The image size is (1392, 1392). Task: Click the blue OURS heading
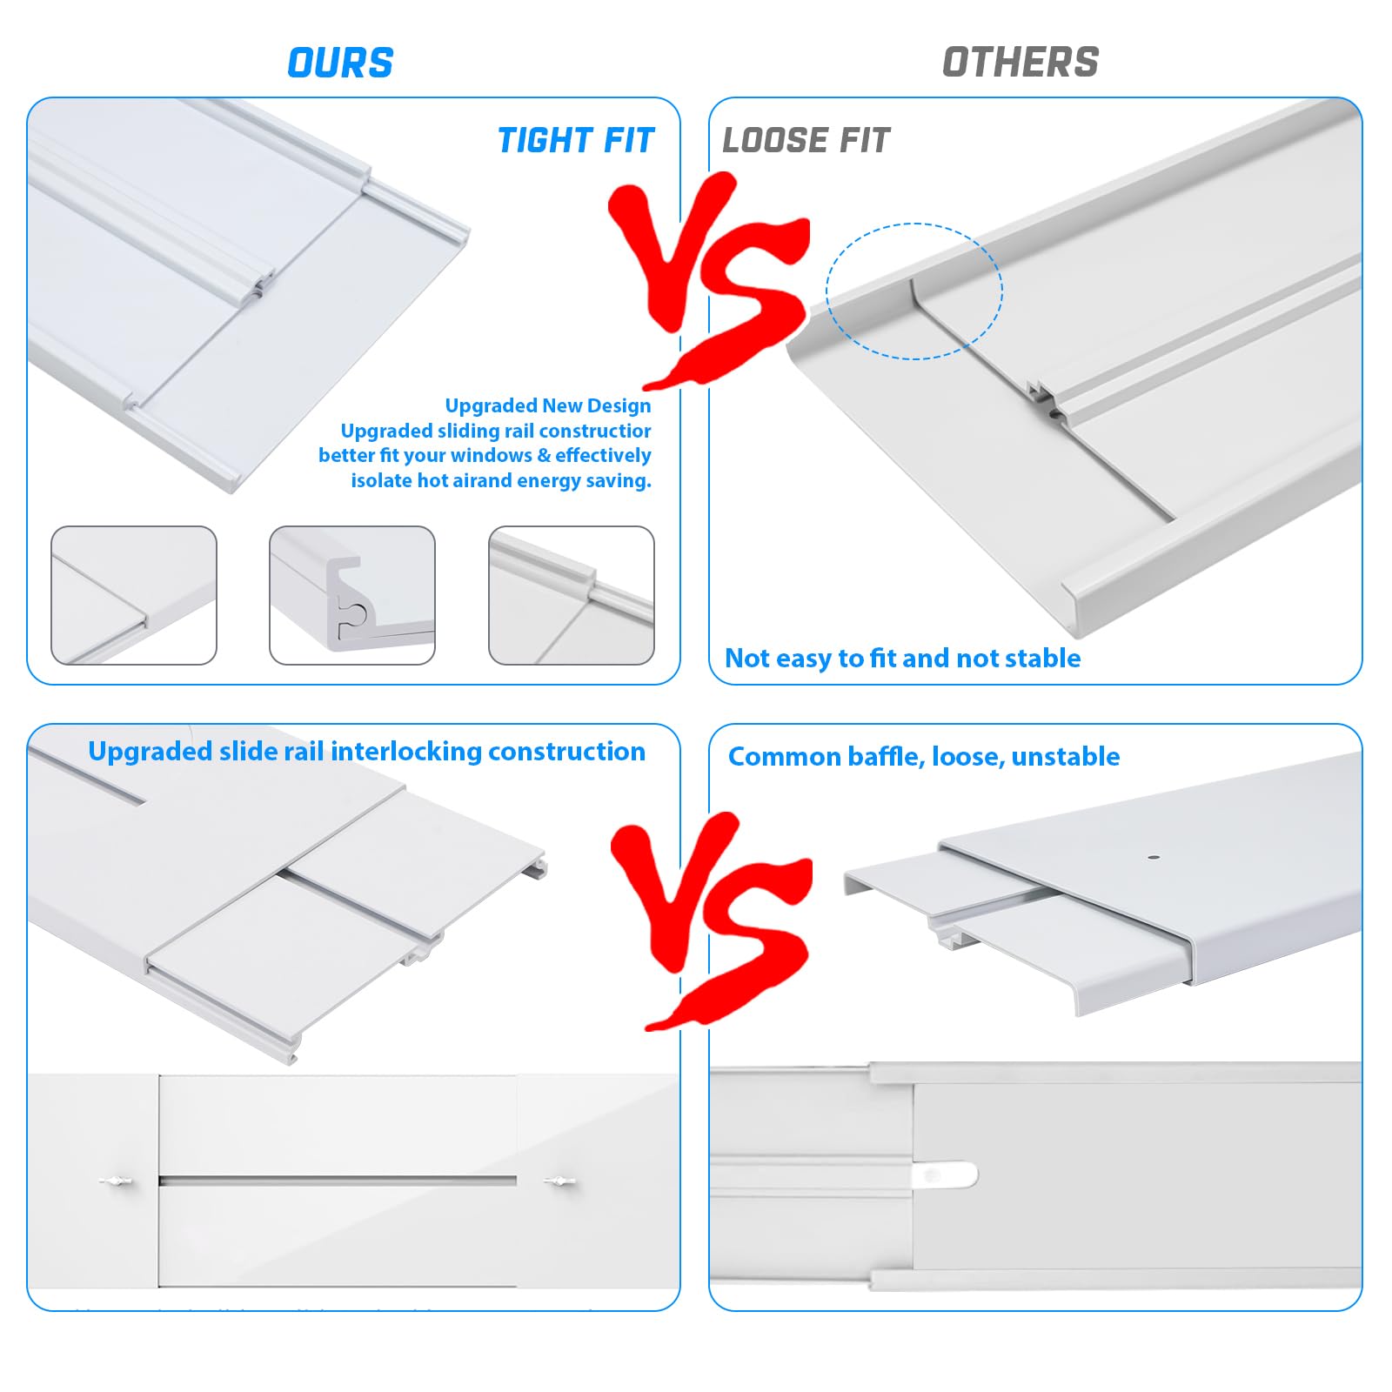(340, 64)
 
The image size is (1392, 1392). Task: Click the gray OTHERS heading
(1021, 63)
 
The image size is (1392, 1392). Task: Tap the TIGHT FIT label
(575, 140)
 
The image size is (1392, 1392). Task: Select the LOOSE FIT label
(806, 140)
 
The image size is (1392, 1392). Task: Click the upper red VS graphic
(709, 278)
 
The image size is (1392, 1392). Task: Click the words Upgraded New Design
(548, 405)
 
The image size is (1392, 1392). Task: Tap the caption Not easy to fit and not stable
(903, 659)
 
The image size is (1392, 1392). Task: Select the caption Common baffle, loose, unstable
(924, 756)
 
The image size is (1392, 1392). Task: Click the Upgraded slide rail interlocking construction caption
(367, 752)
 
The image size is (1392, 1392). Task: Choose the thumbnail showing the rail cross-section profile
(352, 595)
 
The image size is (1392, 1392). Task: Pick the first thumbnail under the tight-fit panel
(134, 595)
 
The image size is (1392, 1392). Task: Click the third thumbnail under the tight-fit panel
(572, 595)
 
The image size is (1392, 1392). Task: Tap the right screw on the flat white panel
(559, 1181)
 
